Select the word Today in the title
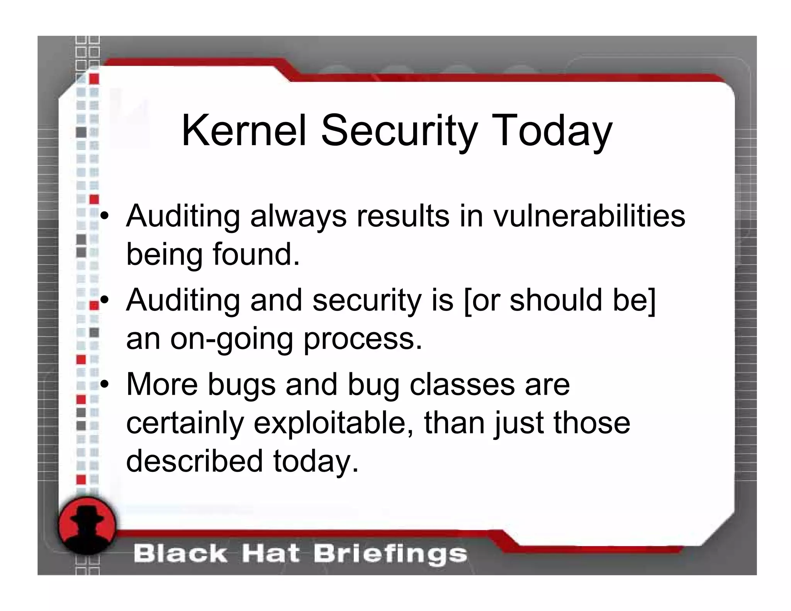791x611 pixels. coord(552,131)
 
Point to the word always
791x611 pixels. coord(298,216)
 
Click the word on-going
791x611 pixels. coord(231,339)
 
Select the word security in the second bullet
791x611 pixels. coord(367,300)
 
